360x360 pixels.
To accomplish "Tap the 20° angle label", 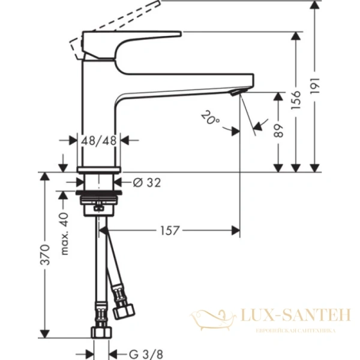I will [x=211, y=117].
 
